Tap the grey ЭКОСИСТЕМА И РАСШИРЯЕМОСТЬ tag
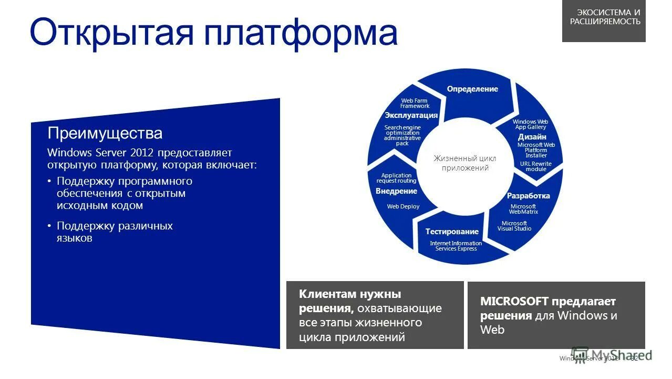coord(605,17)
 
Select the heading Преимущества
coord(105,133)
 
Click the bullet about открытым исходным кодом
coord(124,193)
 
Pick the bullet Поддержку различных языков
coord(115,232)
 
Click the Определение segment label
coord(472,89)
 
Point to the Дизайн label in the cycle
coord(532,137)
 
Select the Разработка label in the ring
coord(528,196)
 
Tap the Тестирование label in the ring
coord(452,232)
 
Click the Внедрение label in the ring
coord(396,191)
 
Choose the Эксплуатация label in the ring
coord(411,115)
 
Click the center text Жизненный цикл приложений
coord(464,163)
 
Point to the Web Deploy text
coord(403,206)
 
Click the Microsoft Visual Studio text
coord(514,226)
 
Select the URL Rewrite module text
coord(535,166)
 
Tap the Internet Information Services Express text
coord(456,246)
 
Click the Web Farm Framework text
coord(415,103)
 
